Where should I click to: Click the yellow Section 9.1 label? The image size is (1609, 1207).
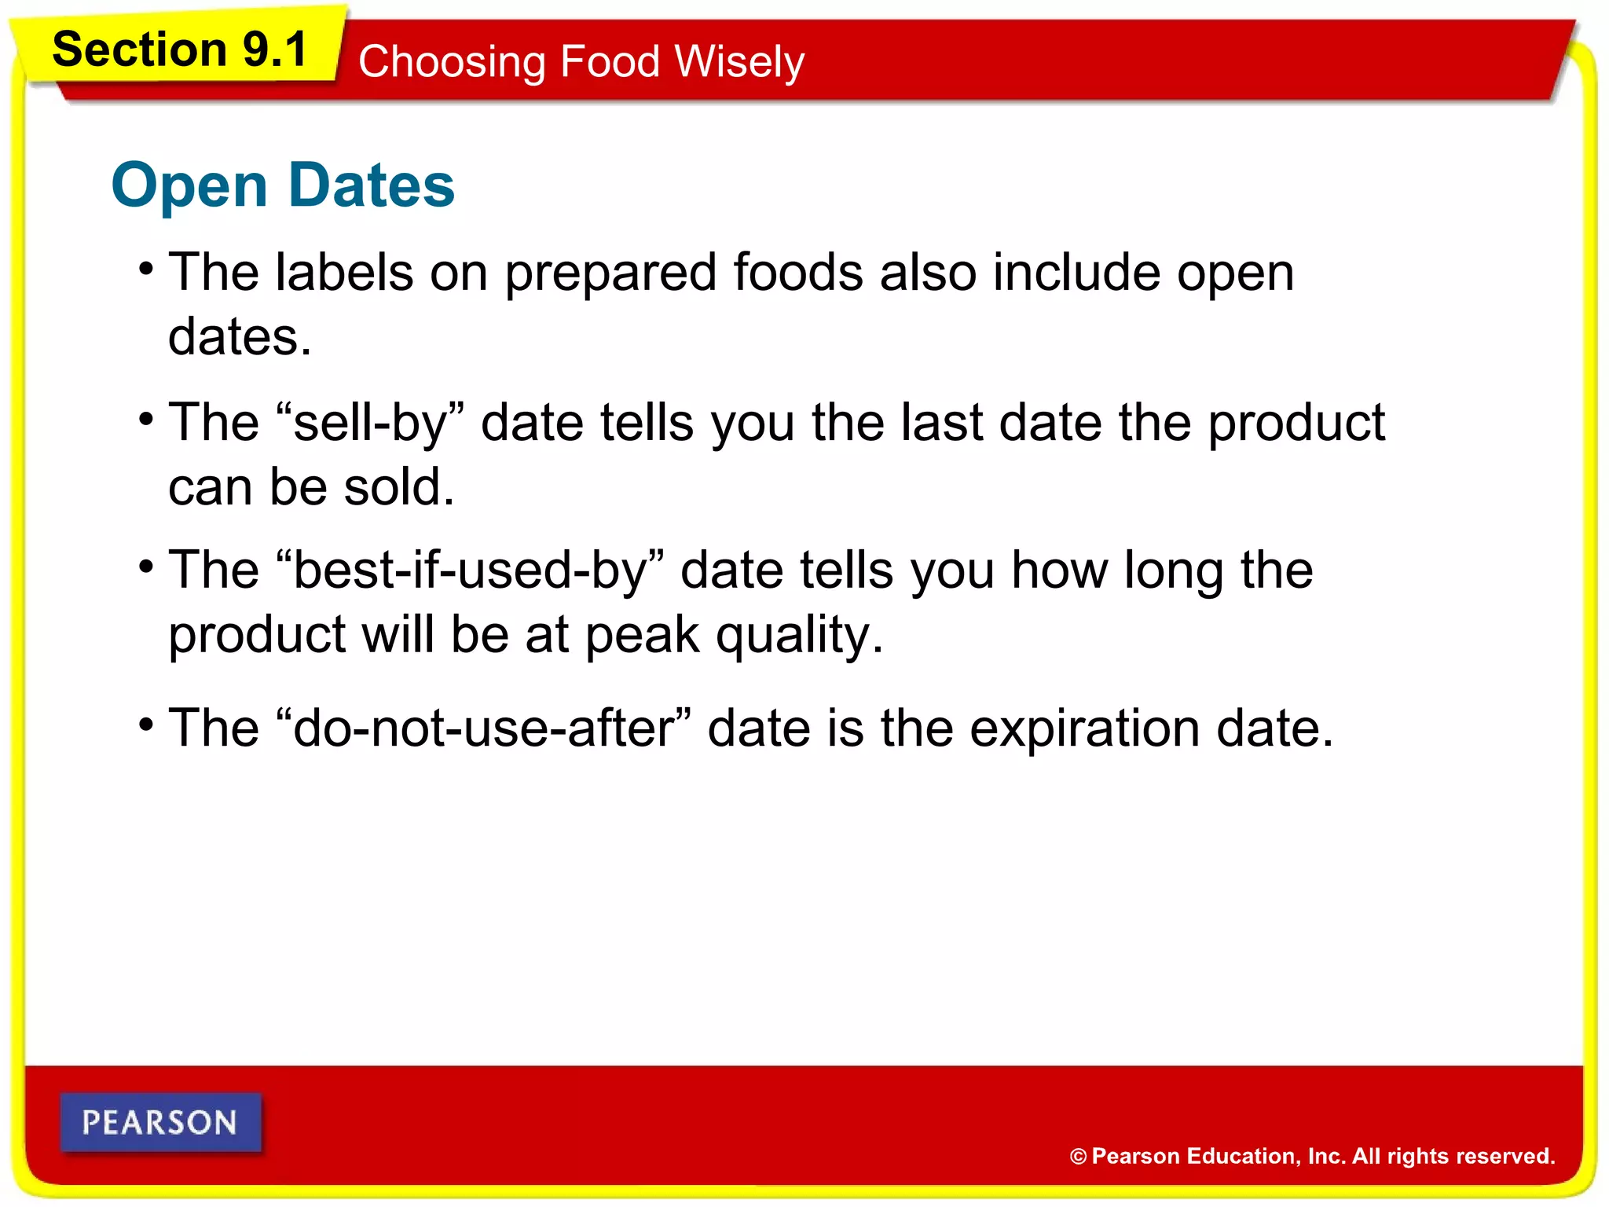click(x=179, y=50)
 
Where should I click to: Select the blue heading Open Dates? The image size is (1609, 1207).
click(x=283, y=185)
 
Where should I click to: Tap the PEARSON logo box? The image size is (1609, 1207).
click(x=160, y=1122)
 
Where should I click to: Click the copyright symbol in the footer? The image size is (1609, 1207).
click(x=1078, y=1156)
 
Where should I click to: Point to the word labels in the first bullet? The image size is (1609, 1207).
click(x=344, y=273)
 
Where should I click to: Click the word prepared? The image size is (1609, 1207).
click(x=610, y=274)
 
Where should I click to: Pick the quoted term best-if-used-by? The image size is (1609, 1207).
click(x=470, y=570)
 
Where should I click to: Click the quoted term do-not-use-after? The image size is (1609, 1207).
click(x=484, y=728)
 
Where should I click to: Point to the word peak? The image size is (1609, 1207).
click(x=642, y=636)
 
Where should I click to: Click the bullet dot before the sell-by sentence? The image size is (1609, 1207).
click(x=146, y=418)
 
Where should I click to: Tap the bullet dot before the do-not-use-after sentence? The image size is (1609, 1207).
click(x=146, y=723)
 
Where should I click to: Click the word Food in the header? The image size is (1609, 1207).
click(x=609, y=62)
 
